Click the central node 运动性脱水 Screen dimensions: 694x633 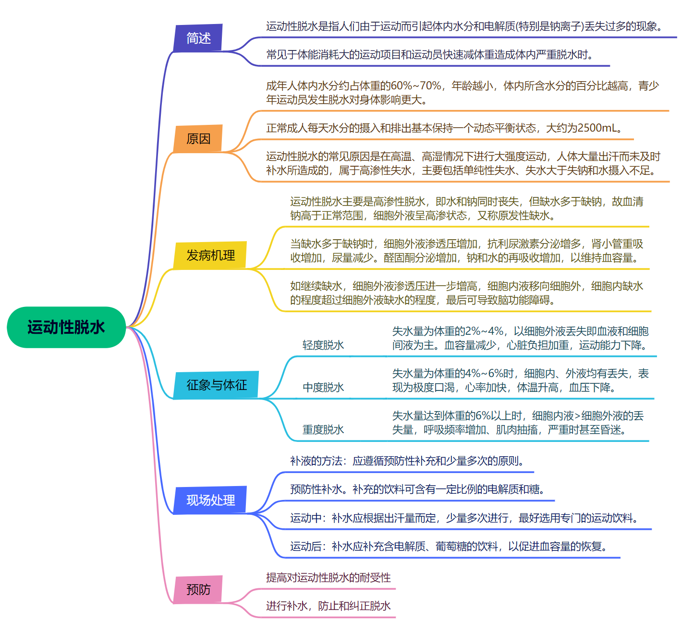66,328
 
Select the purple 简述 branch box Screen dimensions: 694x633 198,38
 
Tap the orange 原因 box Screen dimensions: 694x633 198,139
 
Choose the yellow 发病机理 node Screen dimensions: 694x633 210,255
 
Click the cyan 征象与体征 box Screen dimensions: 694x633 216,385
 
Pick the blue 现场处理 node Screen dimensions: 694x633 210,500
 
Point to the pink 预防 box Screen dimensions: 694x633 198,589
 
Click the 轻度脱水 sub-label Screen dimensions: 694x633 323,345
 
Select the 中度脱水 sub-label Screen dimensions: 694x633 323,388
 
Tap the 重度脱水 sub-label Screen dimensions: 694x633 323,430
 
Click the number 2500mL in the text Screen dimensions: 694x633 597,128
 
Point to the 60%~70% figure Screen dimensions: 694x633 415,86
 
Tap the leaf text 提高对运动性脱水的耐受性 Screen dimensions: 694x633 329,578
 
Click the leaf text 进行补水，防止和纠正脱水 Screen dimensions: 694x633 329,606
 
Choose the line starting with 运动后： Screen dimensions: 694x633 450,547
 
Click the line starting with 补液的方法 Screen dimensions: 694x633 406,461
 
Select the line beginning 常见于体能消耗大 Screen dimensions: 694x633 430,55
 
